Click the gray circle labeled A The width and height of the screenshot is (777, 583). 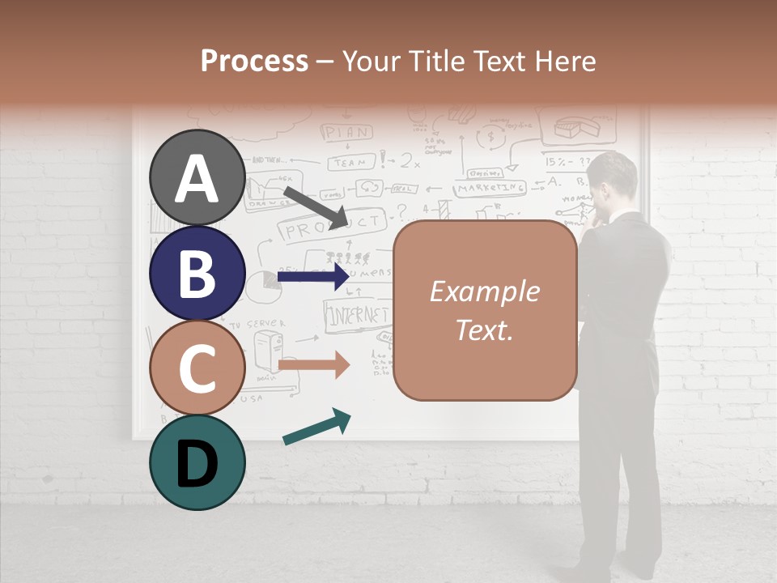tap(197, 177)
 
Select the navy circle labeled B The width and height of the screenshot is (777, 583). tap(197, 273)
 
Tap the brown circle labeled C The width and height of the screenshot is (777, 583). tap(197, 368)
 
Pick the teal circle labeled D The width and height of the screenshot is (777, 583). tap(197, 462)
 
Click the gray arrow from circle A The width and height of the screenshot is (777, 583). tap(315, 207)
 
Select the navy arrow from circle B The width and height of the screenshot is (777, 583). tap(314, 277)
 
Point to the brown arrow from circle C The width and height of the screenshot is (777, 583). tap(314, 364)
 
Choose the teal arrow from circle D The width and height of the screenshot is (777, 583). tap(316, 427)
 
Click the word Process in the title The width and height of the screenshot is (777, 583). tap(254, 61)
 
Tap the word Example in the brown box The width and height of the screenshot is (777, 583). tap(485, 291)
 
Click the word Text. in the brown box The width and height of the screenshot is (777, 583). tap(485, 330)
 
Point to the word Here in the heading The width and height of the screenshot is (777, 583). tap(567, 61)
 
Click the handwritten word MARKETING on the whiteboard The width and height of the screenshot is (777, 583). tap(489, 188)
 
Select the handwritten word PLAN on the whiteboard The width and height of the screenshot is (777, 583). tap(347, 132)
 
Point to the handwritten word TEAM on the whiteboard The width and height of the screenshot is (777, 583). tap(350, 162)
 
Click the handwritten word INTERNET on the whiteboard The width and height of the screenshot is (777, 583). tap(357, 316)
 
